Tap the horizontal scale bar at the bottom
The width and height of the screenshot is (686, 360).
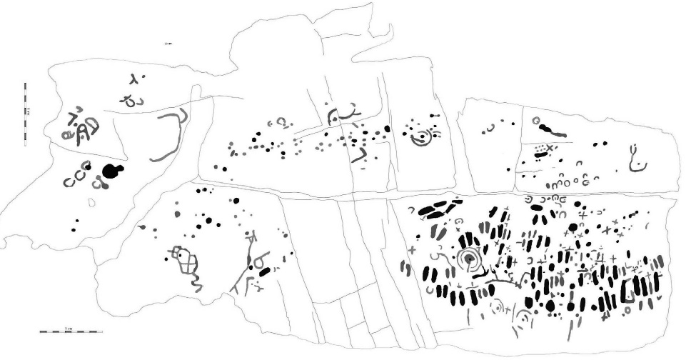(x=70, y=331)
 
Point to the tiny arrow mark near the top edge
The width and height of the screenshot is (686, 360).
(x=168, y=44)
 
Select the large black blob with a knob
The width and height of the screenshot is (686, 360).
(x=111, y=170)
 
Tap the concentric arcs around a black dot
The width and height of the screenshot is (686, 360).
(x=422, y=137)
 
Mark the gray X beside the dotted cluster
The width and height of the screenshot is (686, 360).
(x=550, y=147)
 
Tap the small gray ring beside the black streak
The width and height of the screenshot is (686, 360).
(x=535, y=121)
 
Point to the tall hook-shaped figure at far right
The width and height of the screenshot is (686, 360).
(x=635, y=159)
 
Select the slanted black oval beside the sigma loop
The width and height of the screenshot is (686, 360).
(x=265, y=271)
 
